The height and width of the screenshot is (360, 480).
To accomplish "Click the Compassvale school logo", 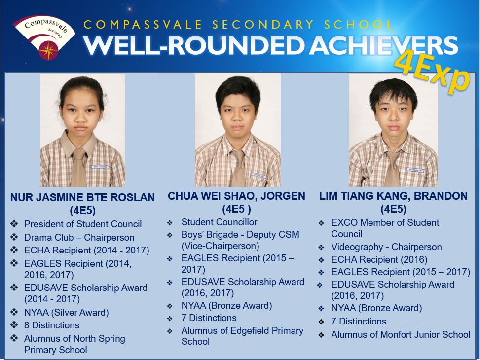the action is [44, 36].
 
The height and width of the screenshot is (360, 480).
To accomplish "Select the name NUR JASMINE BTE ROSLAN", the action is [83, 197].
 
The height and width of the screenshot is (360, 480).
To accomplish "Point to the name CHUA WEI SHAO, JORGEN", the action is [236, 196].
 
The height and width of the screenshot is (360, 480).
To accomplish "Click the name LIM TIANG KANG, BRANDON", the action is [393, 196].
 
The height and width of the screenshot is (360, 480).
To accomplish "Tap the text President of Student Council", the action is [83, 224].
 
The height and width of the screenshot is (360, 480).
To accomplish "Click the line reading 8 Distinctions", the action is [52, 325].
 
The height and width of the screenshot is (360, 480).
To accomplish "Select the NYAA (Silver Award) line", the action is [67, 312].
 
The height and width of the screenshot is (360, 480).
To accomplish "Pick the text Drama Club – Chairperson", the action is [79, 237].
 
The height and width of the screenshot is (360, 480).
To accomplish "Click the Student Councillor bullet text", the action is [219, 222].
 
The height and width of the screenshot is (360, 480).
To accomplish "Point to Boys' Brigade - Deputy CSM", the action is [240, 234].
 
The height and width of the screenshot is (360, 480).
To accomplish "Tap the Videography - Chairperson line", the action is [386, 247].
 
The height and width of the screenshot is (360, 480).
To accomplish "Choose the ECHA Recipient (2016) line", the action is [379, 259].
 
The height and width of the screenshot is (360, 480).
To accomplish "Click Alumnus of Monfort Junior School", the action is [401, 334].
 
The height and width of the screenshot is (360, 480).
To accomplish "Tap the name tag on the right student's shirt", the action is [415, 170].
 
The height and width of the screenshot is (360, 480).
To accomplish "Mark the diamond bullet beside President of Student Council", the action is [14, 224].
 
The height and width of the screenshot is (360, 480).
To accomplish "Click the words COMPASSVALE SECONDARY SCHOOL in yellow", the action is [238, 25].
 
